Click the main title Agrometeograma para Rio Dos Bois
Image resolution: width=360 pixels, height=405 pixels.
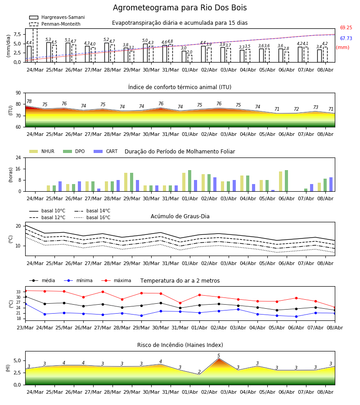tap(180, 8)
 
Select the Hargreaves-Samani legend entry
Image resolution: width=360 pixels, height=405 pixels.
tap(57, 17)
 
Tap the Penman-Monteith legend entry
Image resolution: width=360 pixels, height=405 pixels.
tap(55, 24)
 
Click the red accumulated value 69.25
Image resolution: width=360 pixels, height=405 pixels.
tap(346, 27)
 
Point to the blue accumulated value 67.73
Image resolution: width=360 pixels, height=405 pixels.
tap(346, 39)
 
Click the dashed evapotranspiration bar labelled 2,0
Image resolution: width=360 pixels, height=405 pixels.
tap(190, 58)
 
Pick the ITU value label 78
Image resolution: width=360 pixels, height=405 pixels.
tap(29, 102)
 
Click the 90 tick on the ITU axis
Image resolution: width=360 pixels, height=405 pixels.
tap(18, 93)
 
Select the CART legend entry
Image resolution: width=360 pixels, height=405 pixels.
tap(105, 151)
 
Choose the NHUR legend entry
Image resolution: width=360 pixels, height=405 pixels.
tap(42, 151)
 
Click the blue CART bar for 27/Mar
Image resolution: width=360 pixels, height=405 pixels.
tap(99, 190)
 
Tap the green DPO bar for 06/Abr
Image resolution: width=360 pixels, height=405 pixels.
tap(286, 181)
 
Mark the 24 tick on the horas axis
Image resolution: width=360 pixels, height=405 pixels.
tap(18, 158)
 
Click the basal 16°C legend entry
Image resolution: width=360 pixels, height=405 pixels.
tap(92, 217)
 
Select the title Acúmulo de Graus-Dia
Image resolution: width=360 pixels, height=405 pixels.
tap(180, 216)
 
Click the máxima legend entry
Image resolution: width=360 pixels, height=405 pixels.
tap(116, 280)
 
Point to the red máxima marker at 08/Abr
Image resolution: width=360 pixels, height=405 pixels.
tap(335, 308)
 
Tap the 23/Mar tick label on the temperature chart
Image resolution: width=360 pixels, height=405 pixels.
tap(25, 328)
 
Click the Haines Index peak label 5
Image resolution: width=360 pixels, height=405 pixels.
tap(219, 355)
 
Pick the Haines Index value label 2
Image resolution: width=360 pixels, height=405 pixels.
tap(199, 372)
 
